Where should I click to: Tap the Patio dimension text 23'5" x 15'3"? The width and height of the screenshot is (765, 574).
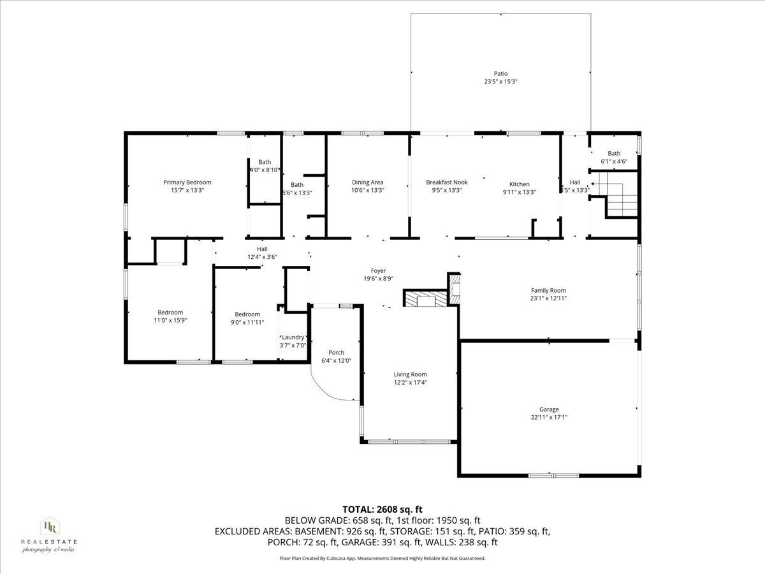click(500, 82)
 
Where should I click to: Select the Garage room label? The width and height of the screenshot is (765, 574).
click(549, 409)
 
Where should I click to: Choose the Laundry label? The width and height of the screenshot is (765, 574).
click(293, 337)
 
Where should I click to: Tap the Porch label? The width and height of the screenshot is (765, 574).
click(336, 353)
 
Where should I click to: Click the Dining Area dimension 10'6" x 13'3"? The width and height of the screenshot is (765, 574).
click(367, 190)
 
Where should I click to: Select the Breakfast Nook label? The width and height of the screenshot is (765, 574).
click(446, 182)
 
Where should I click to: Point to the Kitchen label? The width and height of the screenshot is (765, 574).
click(519, 184)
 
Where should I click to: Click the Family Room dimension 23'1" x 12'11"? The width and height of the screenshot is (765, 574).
click(548, 298)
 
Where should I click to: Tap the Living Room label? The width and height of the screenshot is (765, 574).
click(410, 374)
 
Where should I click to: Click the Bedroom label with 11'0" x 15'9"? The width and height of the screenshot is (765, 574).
click(170, 313)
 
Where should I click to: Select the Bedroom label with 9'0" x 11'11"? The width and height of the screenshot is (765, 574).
click(247, 314)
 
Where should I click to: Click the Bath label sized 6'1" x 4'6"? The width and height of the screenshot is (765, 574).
click(614, 153)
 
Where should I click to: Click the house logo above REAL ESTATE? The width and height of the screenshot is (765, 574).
click(49, 527)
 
